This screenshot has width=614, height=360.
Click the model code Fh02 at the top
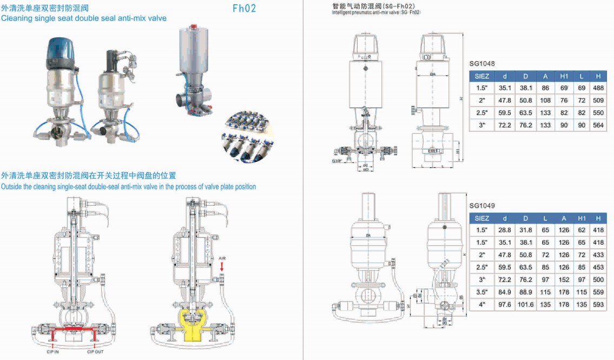(244, 8)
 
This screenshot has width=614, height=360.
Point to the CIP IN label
(52, 352)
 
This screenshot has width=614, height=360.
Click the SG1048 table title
(482, 63)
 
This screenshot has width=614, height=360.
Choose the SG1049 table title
(482, 206)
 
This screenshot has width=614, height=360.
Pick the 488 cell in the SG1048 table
(598, 88)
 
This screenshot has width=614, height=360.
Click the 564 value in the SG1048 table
(598, 125)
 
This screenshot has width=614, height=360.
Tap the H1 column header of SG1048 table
(564, 76)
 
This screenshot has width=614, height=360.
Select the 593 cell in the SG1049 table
(598, 305)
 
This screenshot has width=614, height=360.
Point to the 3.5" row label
(481, 292)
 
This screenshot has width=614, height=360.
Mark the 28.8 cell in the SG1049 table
(504, 230)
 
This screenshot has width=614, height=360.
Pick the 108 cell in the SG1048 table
(545, 100)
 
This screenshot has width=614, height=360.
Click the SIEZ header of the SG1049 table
(481, 218)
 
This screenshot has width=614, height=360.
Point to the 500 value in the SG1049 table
(598, 280)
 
